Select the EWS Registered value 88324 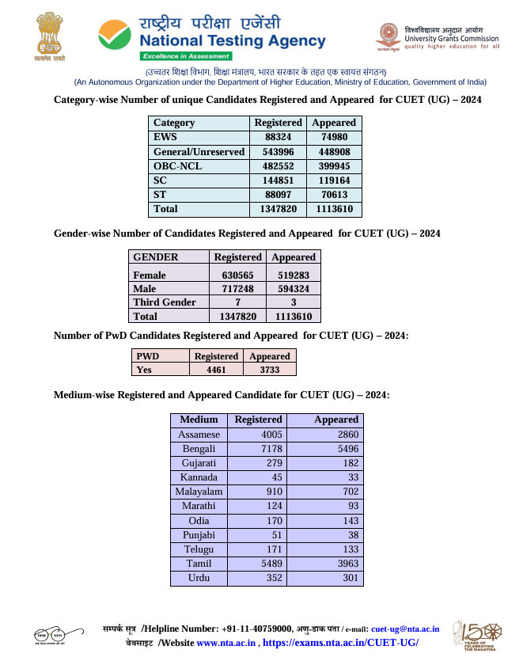point(278,137)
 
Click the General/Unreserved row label point(199,151)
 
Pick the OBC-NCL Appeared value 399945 point(334,166)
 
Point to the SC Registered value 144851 point(278,180)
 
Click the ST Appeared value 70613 point(334,195)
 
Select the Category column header point(174,123)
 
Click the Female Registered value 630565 point(237,275)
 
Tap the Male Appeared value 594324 point(293,289)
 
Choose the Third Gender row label point(165,302)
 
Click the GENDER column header point(156,257)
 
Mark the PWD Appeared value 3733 point(269,370)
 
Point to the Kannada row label point(199,477)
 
